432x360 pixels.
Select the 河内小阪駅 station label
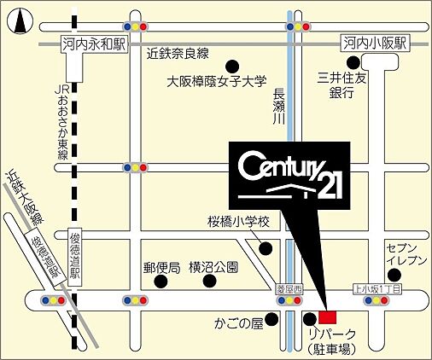click(376, 43)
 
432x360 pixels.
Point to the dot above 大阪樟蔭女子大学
click(231, 66)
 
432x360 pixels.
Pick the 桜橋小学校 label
click(238, 223)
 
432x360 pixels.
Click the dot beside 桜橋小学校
click(266, 249)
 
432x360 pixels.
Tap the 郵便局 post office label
click(161, 267)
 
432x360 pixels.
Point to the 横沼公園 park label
click(213, 267)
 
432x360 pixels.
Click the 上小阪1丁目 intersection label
click(377, 290)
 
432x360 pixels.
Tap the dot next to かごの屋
click(271, 321)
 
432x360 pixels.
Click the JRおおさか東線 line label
click(62, 119)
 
